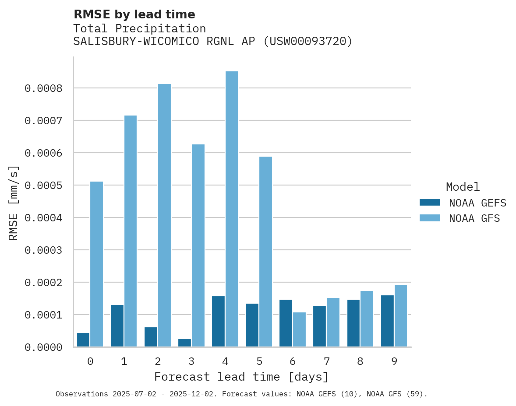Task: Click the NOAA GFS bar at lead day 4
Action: (x=232, y=209)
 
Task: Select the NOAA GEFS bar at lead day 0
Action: (x=83, y=340)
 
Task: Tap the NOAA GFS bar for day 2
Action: (x=164, y=215)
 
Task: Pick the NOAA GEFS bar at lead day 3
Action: (x=184, y=343)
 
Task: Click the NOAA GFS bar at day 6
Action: (x=299, y=329)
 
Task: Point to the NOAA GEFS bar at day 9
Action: (x=387, y=321)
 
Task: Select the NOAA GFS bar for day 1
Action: (x=131, y=231)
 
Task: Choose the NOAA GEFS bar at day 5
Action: (x=252, y=325)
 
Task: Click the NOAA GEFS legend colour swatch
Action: (x=430, y=203)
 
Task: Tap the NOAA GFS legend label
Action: (x=474, y=218)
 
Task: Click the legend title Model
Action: (x=463, y=187)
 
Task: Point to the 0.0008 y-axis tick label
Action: (x=43, y=88)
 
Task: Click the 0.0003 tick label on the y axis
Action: (x=43, y=250)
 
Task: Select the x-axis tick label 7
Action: (x=327, y=361)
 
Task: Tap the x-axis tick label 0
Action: (x=90, y=361)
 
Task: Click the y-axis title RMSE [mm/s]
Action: (x=14, y=203)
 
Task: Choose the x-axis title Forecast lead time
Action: (x=241, y=377)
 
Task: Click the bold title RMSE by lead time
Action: (x=134, y=14)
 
